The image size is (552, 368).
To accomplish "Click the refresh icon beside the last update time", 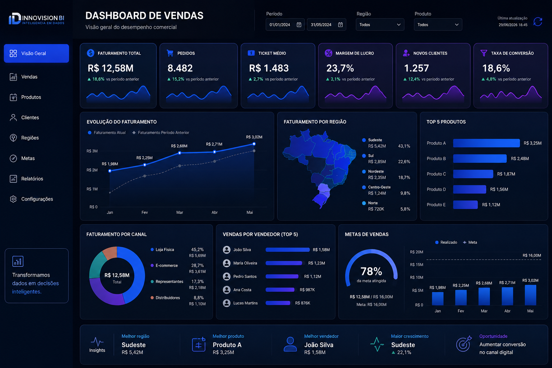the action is tap(538, 22).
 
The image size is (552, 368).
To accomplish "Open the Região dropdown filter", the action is tap(380, 25).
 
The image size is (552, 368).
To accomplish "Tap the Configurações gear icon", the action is tap(13, 199).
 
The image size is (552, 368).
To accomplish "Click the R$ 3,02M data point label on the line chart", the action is tap(254, 137).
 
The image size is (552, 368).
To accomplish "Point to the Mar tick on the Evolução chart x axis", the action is tap(180, 212).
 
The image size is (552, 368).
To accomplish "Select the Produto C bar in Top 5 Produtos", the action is tap(473, 174).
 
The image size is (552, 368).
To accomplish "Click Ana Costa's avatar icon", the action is tap(226, 290).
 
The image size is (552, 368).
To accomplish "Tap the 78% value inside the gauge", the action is tap(371, 271).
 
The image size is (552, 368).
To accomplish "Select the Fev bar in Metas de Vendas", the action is tap(461, 298).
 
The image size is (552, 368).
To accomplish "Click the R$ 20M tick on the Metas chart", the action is tap(417, 252).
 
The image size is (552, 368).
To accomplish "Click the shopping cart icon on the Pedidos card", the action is tap(170, 53).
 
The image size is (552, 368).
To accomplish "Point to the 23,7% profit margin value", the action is tap(340, 68).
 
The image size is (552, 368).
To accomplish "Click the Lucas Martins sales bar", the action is tap(278, 303).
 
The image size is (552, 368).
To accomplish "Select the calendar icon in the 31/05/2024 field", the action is tap(340, 25).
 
